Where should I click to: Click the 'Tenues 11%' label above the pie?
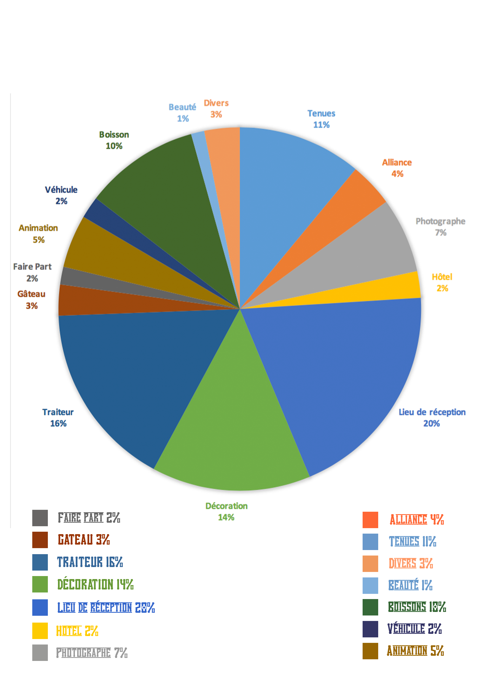(x=321, y=119)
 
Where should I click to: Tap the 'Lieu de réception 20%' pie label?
(x=432, y=418)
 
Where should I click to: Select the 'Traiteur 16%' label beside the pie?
(x=58, y=418)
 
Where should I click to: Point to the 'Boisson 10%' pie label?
(x=114, y=140)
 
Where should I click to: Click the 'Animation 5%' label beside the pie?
(x=38, y=234)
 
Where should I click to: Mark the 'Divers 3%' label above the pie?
(x=216, y=108)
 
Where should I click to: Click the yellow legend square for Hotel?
(x=40, y=631)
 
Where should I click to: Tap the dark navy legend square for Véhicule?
(x=370, y=629)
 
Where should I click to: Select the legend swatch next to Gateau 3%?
(x=40, y=540)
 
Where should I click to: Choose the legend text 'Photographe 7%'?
(x=92, y=653)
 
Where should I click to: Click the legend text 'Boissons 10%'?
(x=416, y=607)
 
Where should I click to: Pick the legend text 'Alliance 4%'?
(x=416, y=520)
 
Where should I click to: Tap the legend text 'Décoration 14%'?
(x=95, y=584)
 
